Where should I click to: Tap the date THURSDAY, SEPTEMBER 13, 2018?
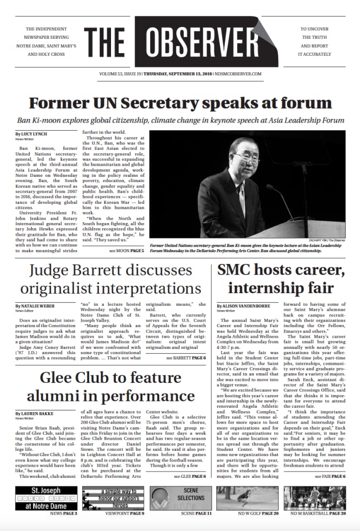177,74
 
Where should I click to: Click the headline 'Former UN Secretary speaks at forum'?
180,102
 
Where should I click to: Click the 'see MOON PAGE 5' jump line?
126,249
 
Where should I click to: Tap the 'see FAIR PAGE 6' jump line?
330,476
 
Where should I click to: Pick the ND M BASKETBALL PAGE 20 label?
318,513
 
